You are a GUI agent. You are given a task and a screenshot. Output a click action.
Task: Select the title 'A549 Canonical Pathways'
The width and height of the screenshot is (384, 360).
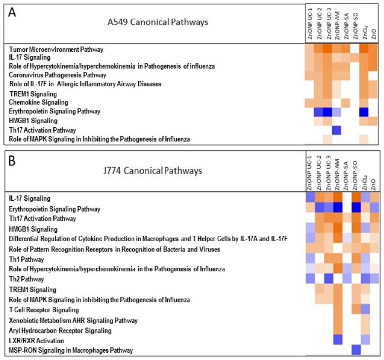click(x=158, y=22)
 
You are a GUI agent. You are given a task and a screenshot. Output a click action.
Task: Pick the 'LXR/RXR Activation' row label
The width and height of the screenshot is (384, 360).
click(x=38, y=341)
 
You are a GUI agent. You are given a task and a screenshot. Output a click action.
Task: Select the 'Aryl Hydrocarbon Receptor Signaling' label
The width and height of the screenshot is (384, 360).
click(x=60, y=330)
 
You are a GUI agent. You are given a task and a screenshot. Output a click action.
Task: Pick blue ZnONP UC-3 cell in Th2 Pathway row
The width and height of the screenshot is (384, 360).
click(x=328, y=279)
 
